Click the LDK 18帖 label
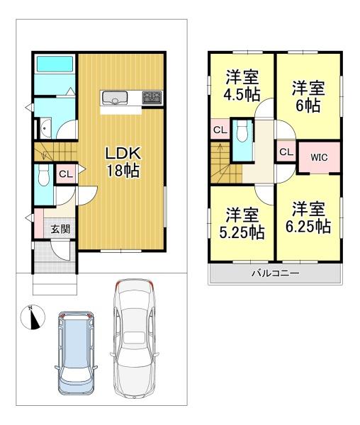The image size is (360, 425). click(x=123, y=161)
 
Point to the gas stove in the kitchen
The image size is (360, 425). click(x=152, y=98)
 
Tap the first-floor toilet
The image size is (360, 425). click(x=43, y=176)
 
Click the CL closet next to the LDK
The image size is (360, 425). click(x=64, y=174)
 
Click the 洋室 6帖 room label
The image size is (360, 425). click(x=308, y=97)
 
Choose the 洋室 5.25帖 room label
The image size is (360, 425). click(x=242, y=222)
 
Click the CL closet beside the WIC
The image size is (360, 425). click(x=286, y=152)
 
